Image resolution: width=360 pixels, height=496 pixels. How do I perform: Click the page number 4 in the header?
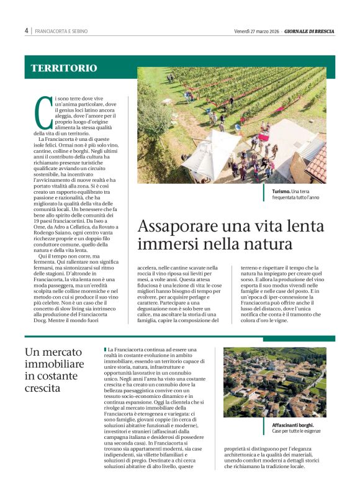coord(26,30)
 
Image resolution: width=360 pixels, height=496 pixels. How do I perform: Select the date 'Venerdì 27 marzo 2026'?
coord(257,30)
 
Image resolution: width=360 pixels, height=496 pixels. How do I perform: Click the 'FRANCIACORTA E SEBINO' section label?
coord(61,31)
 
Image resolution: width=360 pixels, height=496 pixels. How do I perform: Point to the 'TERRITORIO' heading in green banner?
coord(64,68)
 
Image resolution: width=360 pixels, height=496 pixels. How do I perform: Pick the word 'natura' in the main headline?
coord(271,244)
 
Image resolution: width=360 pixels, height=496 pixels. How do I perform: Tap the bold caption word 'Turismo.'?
coord(281,192)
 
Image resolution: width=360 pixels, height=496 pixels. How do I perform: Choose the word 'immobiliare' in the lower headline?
coord(55,364)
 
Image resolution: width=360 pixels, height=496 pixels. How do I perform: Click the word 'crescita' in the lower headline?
coord(43,389)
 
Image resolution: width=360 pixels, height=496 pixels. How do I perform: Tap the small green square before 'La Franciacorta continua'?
coord(106,350)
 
